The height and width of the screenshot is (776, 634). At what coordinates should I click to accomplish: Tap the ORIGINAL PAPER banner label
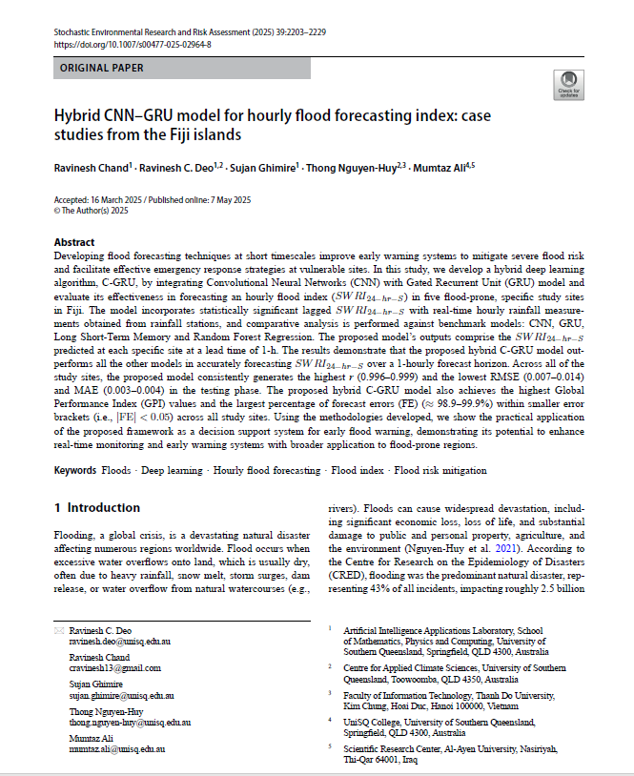click(x=102, y=69)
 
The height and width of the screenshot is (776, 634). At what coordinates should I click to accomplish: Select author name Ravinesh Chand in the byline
click(x=91, y=168)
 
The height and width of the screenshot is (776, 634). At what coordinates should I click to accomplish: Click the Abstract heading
click(x=74, y=242)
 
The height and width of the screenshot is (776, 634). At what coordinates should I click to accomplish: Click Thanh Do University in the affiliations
click(x=499, y=696)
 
